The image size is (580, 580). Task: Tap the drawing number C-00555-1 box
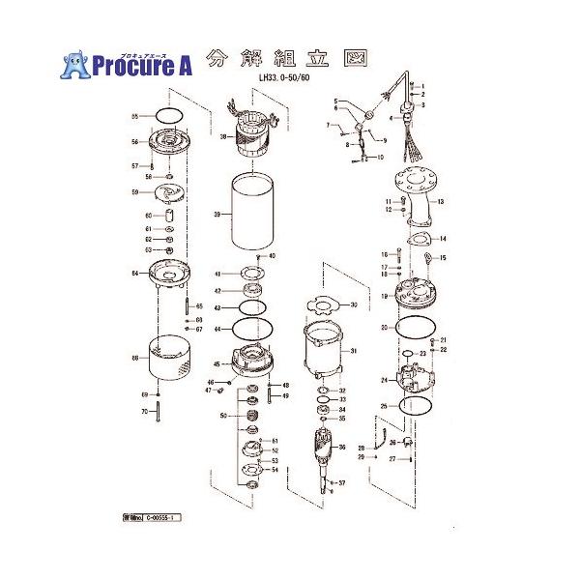[148, 519]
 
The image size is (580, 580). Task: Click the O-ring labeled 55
[167, 116]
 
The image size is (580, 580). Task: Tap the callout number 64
[135, 274]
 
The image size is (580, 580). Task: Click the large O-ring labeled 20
[417, 327]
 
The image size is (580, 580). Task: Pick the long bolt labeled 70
[156, 412]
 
